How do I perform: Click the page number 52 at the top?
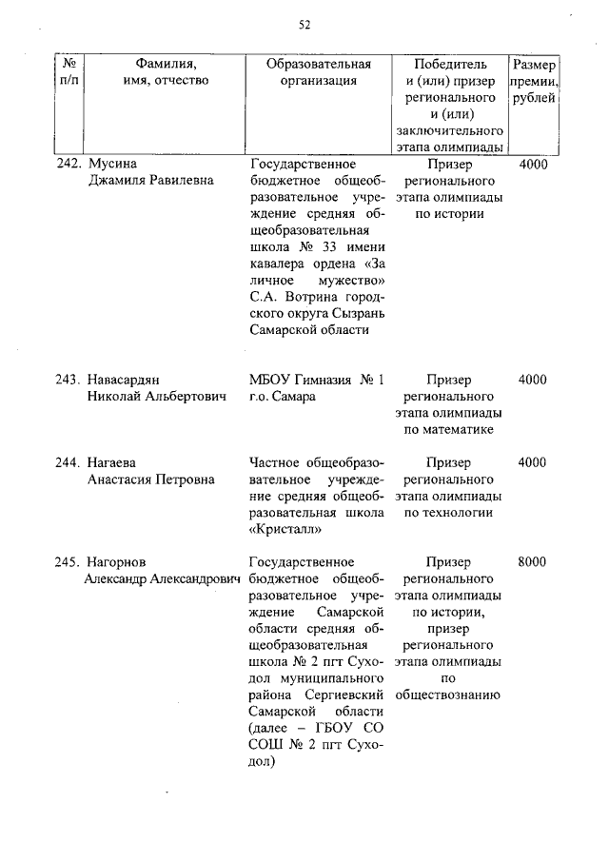304,25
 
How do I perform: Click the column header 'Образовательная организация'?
318,72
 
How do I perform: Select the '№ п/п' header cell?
69,72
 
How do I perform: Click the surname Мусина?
109,164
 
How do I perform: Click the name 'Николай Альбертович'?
157,397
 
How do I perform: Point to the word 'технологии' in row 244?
448,514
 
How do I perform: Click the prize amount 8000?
532,561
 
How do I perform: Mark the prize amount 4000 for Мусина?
533,164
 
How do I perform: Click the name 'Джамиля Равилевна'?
150,181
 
